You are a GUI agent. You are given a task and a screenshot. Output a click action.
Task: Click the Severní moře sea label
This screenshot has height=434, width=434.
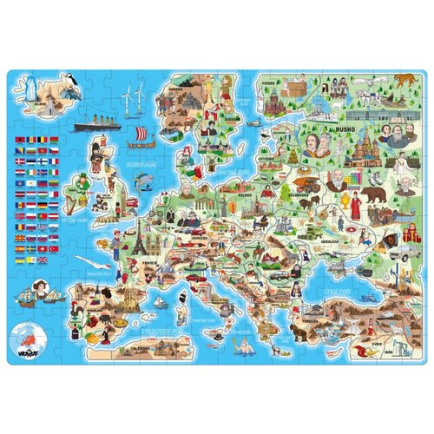(140, 164)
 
